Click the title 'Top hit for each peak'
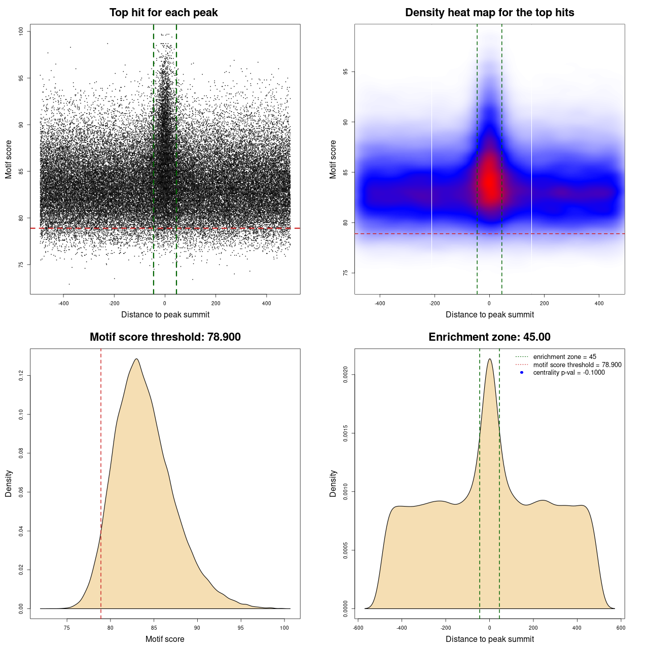pos(163,13)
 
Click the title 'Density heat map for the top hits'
pos(489,13)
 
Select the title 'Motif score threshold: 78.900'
pos(165,337)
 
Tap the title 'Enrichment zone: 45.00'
pos(489,337)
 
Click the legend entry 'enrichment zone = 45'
pos(564,357)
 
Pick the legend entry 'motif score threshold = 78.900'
pos(577,365)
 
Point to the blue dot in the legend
pos(522,373)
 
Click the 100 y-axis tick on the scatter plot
pos(21,31)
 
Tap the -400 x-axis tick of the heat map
pos(380,303)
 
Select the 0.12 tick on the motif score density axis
pos(21,376)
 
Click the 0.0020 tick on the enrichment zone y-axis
pos(346,375)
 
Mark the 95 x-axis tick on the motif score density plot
pos(241,628)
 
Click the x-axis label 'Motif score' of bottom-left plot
pos(165,639)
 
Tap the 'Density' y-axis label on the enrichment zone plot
pos(333,483)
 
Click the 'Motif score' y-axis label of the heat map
pos(333,159)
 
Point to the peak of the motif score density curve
pos(136,359)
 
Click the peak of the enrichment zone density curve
pos(489,359)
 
